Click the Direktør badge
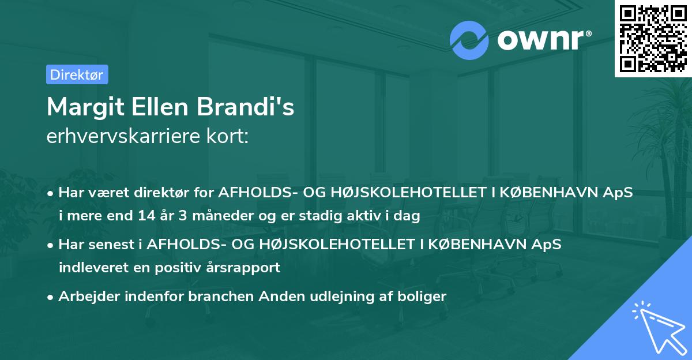click(77, 74)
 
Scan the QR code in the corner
click(652, 38)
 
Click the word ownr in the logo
click(540, 39)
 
